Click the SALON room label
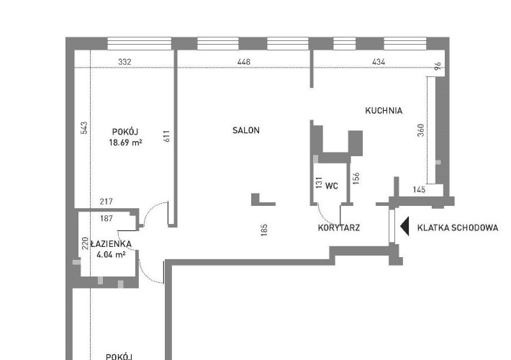pos(246,130)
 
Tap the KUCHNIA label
pos(384,111)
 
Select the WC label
pos(332,186)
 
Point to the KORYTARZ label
pos(339,228)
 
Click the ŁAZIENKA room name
pos(111,244)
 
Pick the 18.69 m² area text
pos(125,143)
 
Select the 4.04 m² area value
pos(111,255)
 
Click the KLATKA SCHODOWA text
pos(458,228)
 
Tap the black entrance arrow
pos(405,227)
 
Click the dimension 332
pos(125,62)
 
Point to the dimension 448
pos(244,62)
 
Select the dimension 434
pos(379,62)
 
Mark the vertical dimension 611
pos(166,136)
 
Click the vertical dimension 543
pos(84,128)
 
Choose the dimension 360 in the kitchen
pos(421,130)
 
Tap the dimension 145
pos(419,189)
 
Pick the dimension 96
pos(438,66)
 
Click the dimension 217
pos(107,202)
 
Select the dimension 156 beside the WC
pos(356,179)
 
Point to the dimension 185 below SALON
pos(264,230)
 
